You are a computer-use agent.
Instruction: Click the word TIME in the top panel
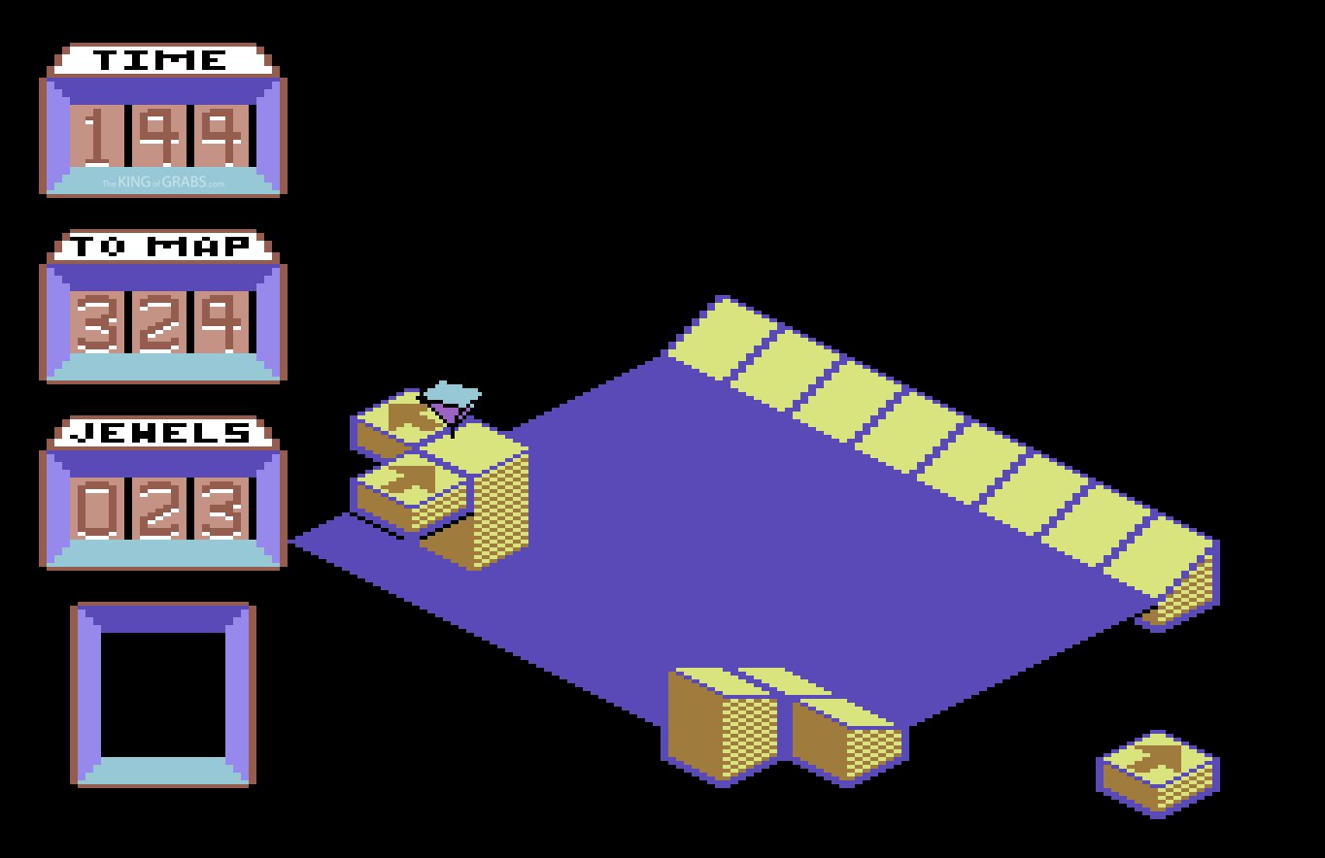[161, 60]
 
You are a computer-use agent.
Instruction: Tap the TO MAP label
[161, 247]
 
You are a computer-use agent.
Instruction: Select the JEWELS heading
[161, 433]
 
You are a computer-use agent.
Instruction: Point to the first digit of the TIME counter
[97, 138]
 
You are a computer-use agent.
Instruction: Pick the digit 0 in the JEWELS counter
[97, 510]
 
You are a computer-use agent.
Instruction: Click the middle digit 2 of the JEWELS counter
[160, 510]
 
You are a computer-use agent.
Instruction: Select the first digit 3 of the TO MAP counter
[97, 323]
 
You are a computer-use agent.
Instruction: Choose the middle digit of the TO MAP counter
[160, 323]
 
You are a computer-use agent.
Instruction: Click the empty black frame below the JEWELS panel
[163, 694]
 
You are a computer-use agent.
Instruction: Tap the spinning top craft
[451, 406]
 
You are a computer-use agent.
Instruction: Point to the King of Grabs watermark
[163, 182]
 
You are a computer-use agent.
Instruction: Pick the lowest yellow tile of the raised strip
[1160, 554]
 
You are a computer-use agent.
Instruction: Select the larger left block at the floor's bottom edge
[721, 723]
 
